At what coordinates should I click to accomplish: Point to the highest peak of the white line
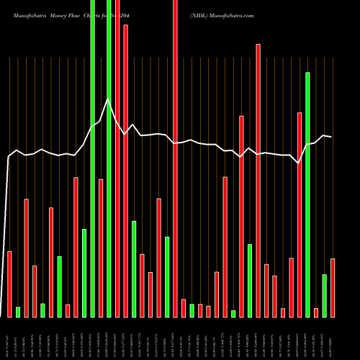(x=107, y=99)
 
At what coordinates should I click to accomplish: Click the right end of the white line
(x=331, y=137)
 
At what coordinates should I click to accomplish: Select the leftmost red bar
(x=9, y=284)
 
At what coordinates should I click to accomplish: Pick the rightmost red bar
(x=333, y=287)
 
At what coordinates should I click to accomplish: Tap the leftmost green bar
(x=18, y=312)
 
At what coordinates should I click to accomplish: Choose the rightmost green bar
(x=324, y=295)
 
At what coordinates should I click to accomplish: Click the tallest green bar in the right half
(x=307, y=194)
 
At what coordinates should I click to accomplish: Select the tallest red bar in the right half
(x=258, y=180)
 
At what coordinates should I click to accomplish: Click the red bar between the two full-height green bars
(x=101, y=248)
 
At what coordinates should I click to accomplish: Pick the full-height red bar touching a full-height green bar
(x=117, y=158)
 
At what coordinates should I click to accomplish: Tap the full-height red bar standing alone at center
(x=175, y=158)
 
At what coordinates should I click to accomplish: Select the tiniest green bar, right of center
(x=233, y=313)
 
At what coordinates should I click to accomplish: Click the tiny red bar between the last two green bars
(x=316, y=312)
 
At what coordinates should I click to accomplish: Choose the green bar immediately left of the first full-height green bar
(x=84, y=273)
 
